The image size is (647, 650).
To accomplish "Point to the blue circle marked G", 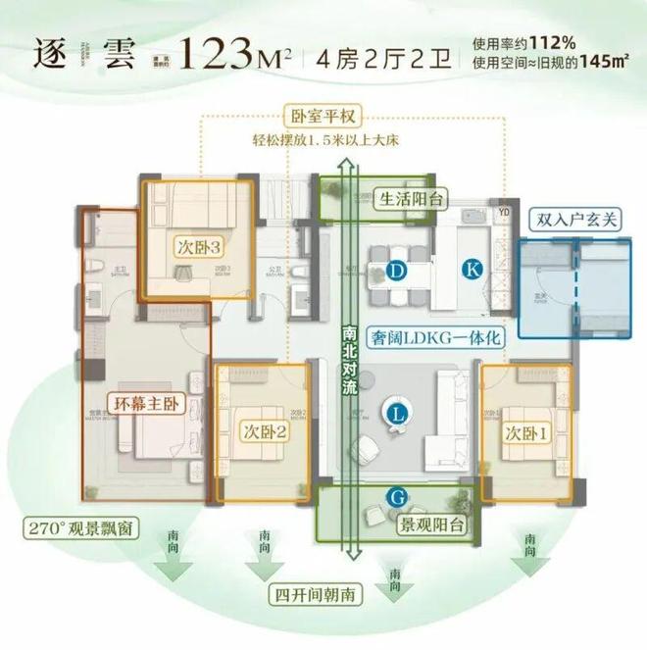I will (x=396, y=498).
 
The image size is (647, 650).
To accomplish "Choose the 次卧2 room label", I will (x=260, y=431).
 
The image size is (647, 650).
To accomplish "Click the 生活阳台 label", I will (x=412, y=199).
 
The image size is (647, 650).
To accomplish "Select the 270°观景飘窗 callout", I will (x=80, y=530).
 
